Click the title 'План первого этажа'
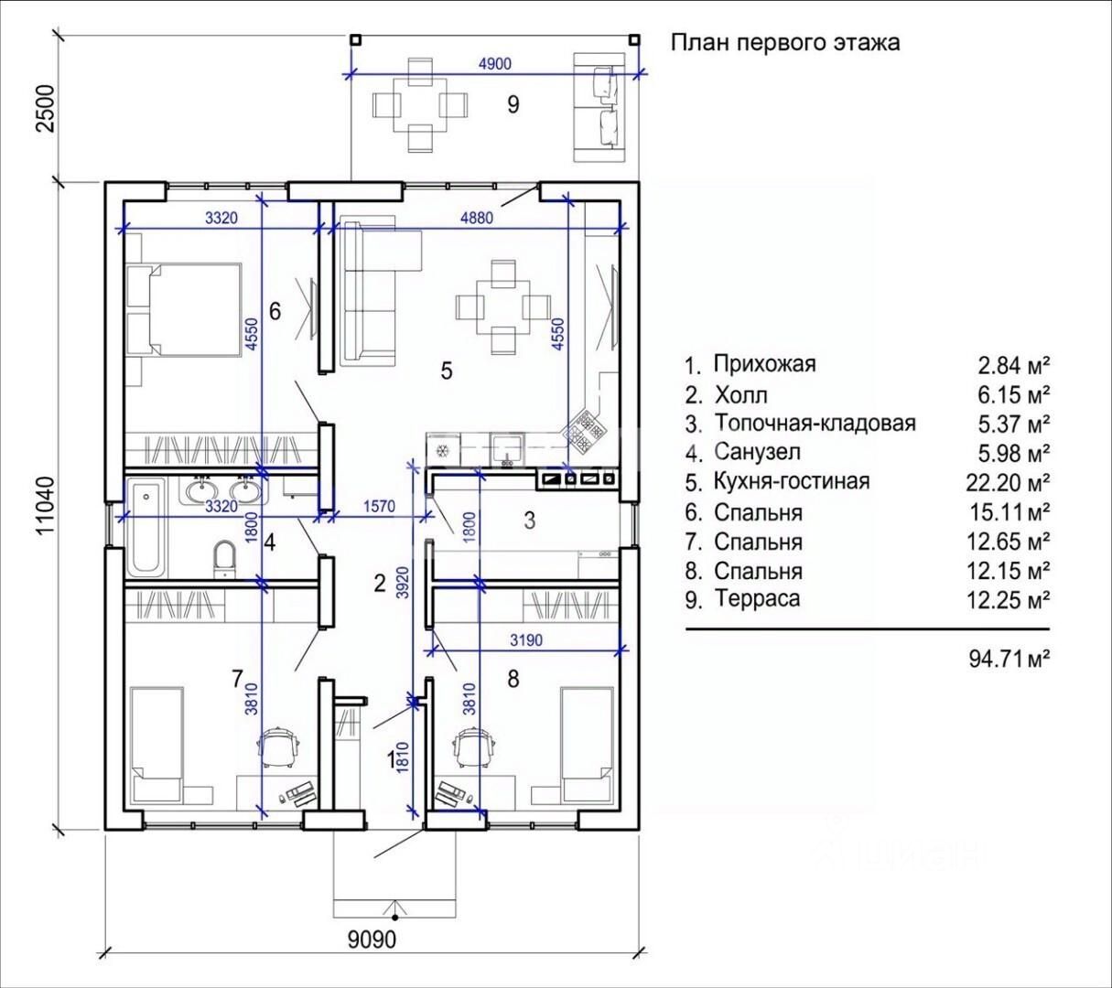(x=785, y=43)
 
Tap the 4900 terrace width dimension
(x=494, y=64)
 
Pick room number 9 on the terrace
(x=513, y=104)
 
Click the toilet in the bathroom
(x=223, y=559)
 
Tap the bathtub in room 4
(x=146, y=528)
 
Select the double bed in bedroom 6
(x=184, y=310)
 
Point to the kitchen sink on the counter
(x=508, y=449)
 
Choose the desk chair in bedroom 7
(x=279, y=746)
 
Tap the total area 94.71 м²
(x=1009, y=659)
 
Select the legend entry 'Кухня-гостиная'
(x=792, y=481)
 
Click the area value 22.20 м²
(x=1008, y=482)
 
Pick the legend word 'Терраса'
(x=757, y=598)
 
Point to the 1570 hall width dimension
(x=379, y=506)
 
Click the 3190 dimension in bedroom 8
(x=526, y=639)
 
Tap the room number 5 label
(x=447, y=370)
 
